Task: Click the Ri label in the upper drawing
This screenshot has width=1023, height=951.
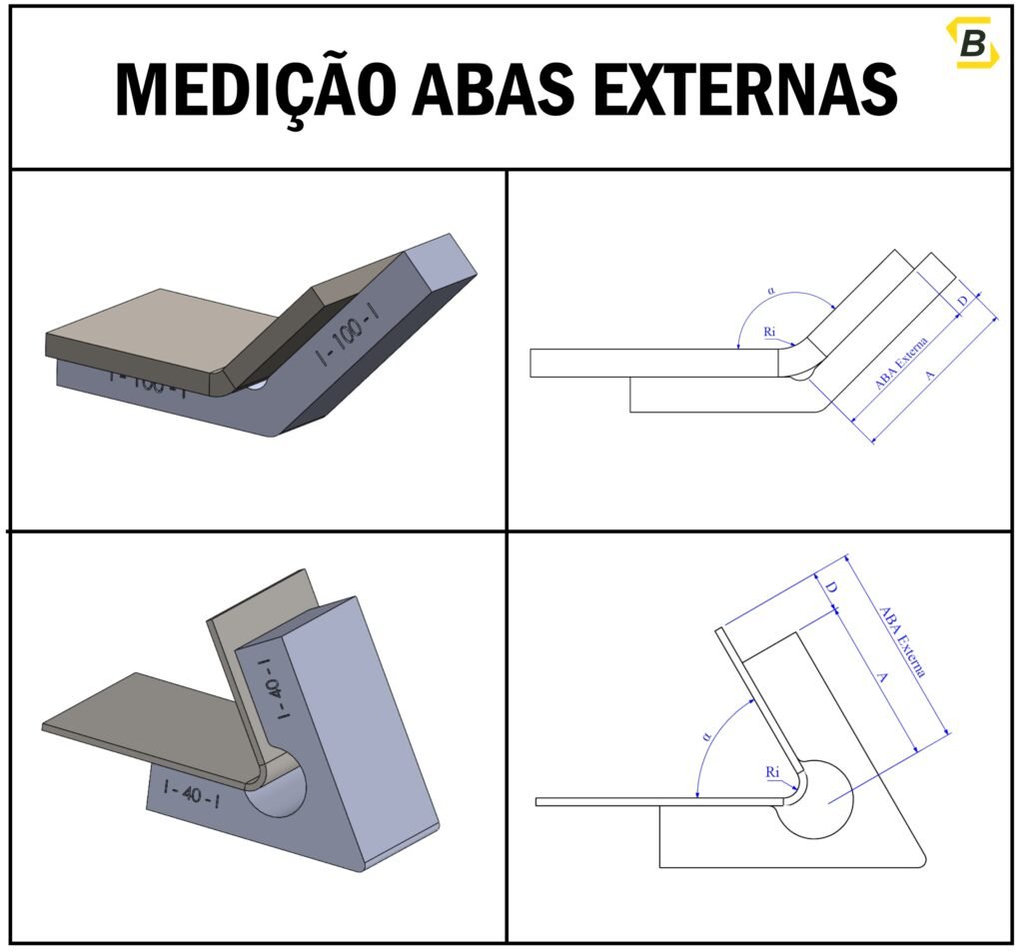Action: pos(770,331)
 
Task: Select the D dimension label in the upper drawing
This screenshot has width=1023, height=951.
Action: pos(962,301)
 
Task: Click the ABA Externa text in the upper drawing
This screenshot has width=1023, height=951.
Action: pos(902,362)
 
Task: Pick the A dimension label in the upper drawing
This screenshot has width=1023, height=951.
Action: pos(931,375)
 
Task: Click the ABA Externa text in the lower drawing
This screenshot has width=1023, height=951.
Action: pos(902,641)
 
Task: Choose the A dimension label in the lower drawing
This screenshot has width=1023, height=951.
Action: pos(881,677)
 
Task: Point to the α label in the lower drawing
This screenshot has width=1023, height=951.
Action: pos(707,736)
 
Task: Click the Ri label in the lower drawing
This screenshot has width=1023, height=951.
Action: pos(772,772)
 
